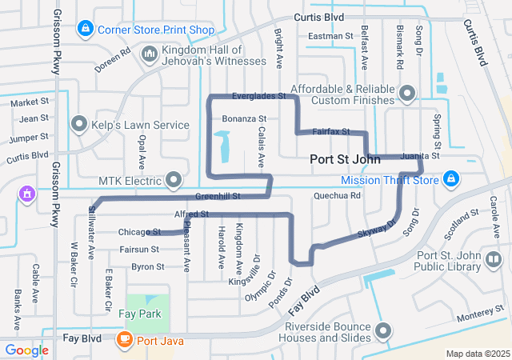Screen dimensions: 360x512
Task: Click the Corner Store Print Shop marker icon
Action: pos(86,30)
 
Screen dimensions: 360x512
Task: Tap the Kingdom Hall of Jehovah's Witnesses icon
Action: pos(149,54)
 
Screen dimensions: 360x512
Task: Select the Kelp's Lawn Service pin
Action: pos(79,125)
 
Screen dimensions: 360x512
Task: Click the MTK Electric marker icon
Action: pos(173,178)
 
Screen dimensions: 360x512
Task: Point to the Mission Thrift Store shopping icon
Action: pos(451,178)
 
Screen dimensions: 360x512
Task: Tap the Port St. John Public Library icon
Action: pos(494,260)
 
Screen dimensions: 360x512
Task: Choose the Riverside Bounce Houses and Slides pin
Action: pos(384,330)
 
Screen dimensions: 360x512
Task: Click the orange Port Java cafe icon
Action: pos(125,340)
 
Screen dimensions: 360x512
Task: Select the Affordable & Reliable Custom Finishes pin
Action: pos(407,94)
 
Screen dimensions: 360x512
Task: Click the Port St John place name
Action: pos(338,159)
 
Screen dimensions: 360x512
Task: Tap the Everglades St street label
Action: pos(258,96)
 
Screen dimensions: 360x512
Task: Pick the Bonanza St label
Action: pos(243,118)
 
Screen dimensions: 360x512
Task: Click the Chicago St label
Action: pos(139,232)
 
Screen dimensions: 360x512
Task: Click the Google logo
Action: pos(26,350)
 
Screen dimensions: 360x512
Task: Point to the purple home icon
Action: pos(26,193)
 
